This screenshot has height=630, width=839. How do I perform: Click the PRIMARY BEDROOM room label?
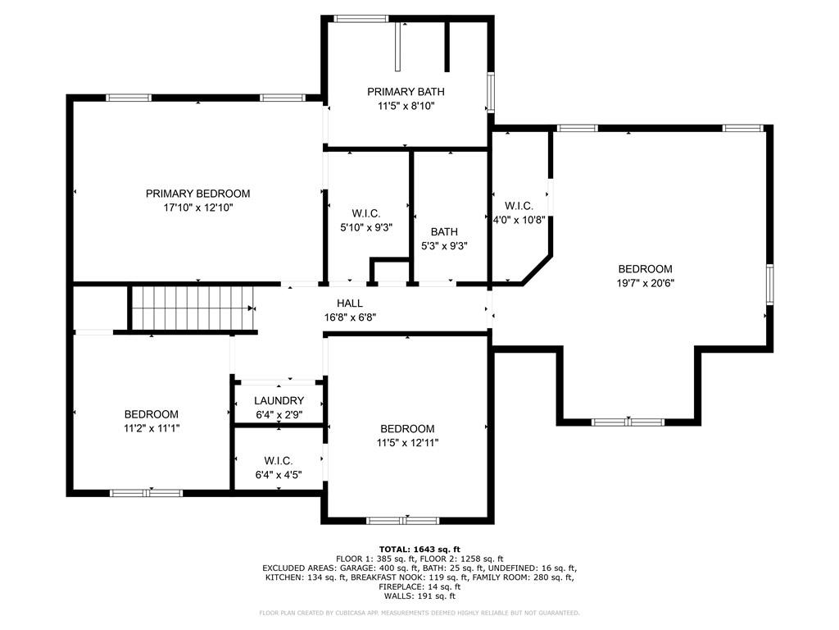(x=198, y=194)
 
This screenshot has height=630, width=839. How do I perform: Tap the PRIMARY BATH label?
(x=406, y=92)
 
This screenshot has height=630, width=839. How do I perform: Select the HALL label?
(x=350, y=304)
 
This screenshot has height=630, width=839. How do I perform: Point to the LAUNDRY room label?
(x=279, y=400)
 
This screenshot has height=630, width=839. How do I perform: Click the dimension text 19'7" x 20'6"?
(x=646, y=283)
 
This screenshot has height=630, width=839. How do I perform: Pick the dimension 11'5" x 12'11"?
(x=407, y=442)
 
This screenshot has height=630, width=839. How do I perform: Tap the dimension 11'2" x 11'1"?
(x=152, y=428)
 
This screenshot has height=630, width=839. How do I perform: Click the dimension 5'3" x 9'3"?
(x=444, y=246)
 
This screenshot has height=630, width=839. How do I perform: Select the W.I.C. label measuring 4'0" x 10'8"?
(x=519, y=206)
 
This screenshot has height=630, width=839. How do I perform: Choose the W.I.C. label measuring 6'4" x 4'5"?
(x=279, y=461)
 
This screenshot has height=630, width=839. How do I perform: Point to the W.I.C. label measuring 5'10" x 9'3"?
(x=366, y=213)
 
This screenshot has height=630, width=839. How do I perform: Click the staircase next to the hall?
(x=193, y=308)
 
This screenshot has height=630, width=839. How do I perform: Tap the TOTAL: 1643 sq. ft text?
(x=419, y=549)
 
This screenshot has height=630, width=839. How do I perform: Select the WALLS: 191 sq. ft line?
(x=419, y=596)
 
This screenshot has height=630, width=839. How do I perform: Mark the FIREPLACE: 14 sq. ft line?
(x=419, y=587)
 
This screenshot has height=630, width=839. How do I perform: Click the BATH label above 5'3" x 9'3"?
(x=444, y=231)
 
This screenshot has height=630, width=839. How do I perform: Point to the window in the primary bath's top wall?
(x=361, y=19)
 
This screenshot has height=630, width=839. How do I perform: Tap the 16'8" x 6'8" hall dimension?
(x=350, y=317)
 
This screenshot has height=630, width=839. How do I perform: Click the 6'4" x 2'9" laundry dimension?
(x=279, y=414)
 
